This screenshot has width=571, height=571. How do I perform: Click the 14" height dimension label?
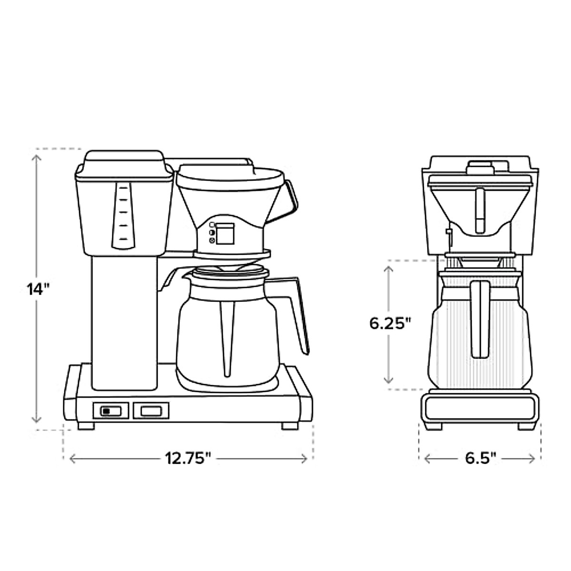pos(37,289)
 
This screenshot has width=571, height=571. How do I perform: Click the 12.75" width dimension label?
pos(188,459)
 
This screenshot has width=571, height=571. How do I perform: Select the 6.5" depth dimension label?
pos(480,459)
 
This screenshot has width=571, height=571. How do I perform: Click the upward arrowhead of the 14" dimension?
pos(37,158)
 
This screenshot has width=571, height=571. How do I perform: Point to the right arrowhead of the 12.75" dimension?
pos(304,459)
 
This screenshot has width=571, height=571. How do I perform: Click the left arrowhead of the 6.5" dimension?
pos(428,459)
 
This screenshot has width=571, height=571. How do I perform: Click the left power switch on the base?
pos(111,411)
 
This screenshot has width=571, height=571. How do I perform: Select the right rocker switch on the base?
pos(151,411)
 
